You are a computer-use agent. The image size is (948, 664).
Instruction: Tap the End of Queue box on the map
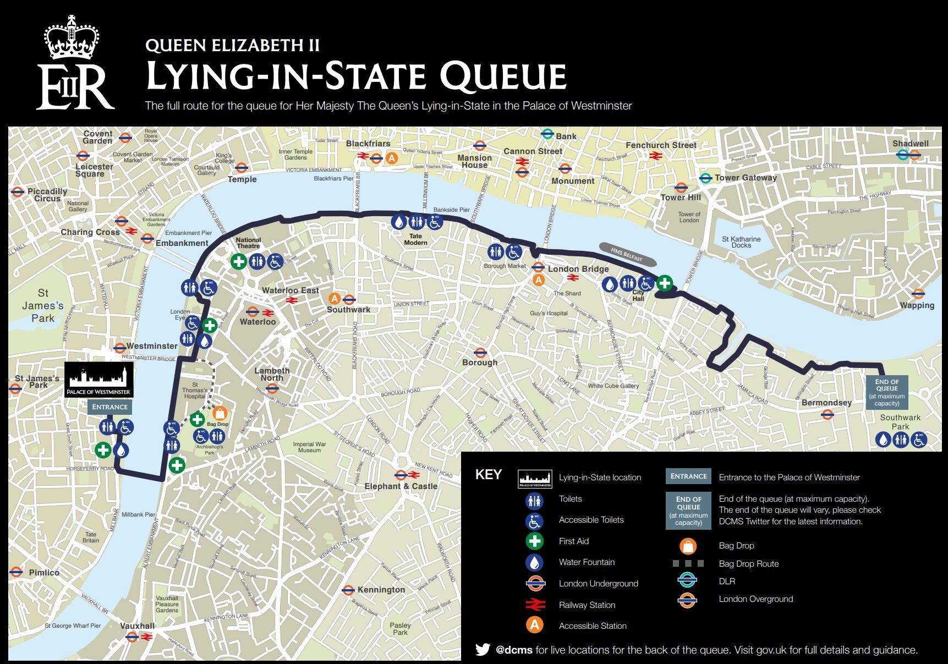(x=886, y=392)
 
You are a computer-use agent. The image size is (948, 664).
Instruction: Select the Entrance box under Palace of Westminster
(x=109, y=407)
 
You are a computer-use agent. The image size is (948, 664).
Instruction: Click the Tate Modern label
(x=415, y=239)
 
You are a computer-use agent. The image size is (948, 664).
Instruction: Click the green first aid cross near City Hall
(x=665, y=283)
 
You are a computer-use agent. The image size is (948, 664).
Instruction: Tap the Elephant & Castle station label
(x=401, y=486)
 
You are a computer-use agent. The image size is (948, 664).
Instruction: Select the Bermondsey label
(x=826, y=403)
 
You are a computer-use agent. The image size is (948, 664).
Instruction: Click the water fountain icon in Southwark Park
(x=883, y=440)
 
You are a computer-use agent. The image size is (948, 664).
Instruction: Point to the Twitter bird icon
(x=483, y=650)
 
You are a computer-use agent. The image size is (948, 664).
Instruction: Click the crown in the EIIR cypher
(x=72, y=37)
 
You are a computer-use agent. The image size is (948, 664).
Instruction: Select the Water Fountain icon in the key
(x=534, y=562)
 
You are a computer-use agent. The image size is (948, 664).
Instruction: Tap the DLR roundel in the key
(x=687, y=581)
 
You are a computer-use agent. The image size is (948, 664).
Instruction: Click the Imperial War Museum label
(x=309, y=447)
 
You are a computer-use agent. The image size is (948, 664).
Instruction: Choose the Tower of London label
(x=689, y=217)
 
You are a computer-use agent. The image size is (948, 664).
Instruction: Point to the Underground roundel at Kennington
(x=348, y=590)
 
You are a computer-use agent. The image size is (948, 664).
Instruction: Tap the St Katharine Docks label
(x=741, y=242)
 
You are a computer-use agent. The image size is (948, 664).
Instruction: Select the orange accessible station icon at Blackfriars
(x=391, y=158)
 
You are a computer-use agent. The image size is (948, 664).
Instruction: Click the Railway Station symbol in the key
(x=534, y=605)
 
